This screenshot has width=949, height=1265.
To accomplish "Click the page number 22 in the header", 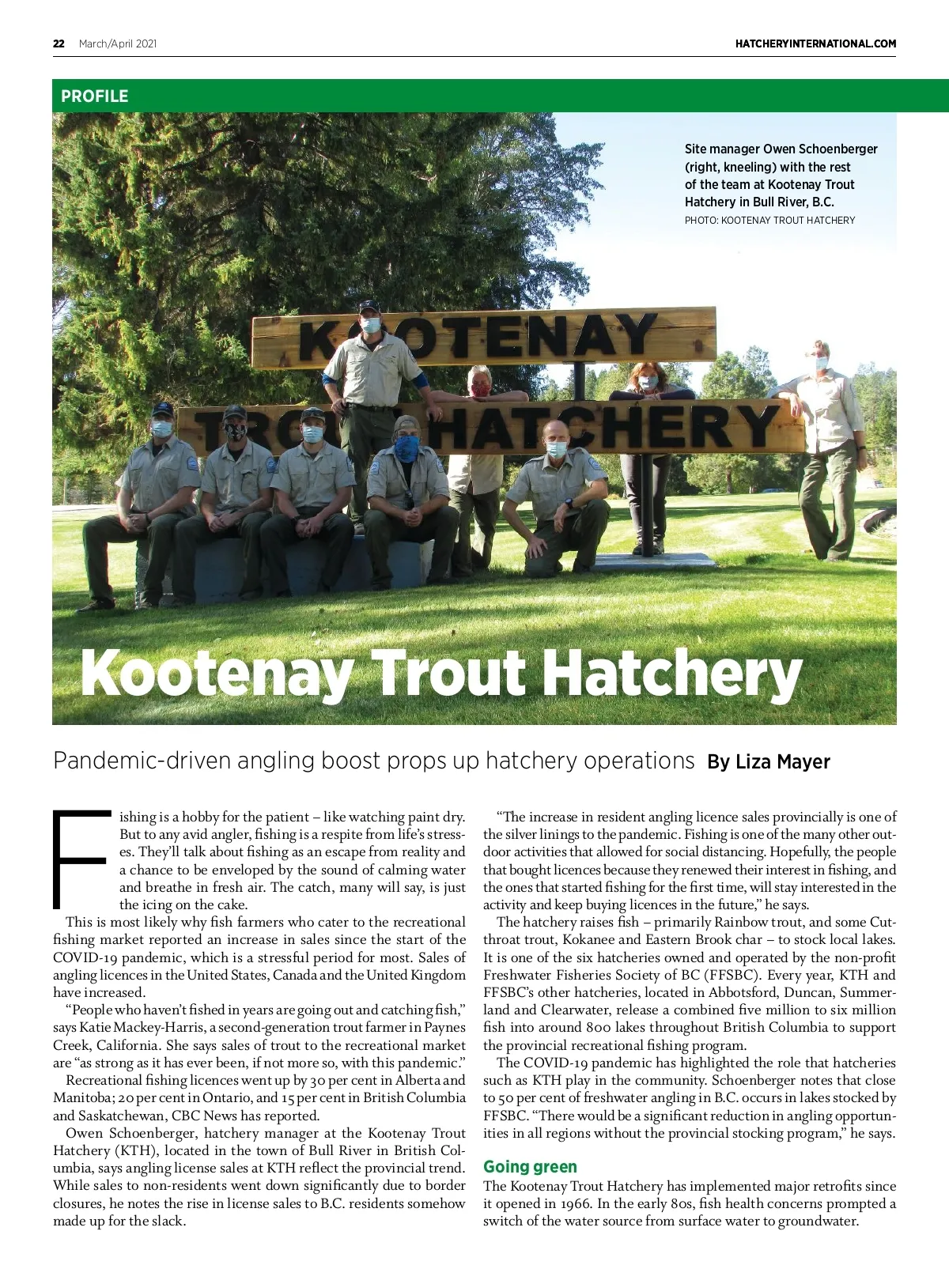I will tap(59, 43).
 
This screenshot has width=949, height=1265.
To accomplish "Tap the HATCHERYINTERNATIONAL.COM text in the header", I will tap(815, 43).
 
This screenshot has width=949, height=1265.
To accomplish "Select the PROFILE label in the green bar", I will tap(94, 96).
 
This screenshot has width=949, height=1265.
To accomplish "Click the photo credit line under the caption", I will tap(769, 221).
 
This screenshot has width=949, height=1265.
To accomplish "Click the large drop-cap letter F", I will tap(79, 859).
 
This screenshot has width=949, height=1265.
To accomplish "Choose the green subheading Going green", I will tap(530, 1167).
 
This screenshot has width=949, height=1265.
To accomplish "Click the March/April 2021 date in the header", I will tap(118, 43).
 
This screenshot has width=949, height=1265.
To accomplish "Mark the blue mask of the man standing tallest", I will tap(370, 324).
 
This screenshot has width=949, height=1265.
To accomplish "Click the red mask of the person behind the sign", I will tap(480, 389).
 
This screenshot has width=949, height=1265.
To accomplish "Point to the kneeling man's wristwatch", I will tap(569, 502).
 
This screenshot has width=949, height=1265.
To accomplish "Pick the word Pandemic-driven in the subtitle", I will tap(141, 761).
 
